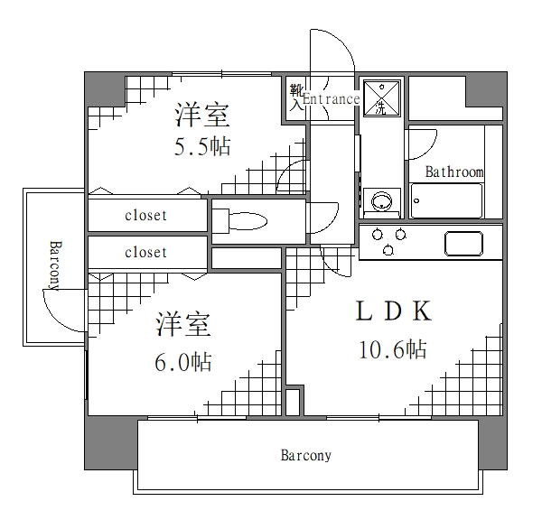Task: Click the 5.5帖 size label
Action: coord(202,146)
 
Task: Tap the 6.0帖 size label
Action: coord(183,362)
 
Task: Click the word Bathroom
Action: coord(454,172)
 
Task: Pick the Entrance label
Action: coord(331,99)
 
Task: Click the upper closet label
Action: coord(145,216)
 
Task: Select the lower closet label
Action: coord(145,252)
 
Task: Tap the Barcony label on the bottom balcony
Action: coord(305,456)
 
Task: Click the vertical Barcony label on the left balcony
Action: coord(53,265)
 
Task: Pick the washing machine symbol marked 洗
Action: coord(382,97)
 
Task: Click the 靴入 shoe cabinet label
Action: coord(296,97)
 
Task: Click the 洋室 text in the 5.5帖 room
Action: coord(202,116)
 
